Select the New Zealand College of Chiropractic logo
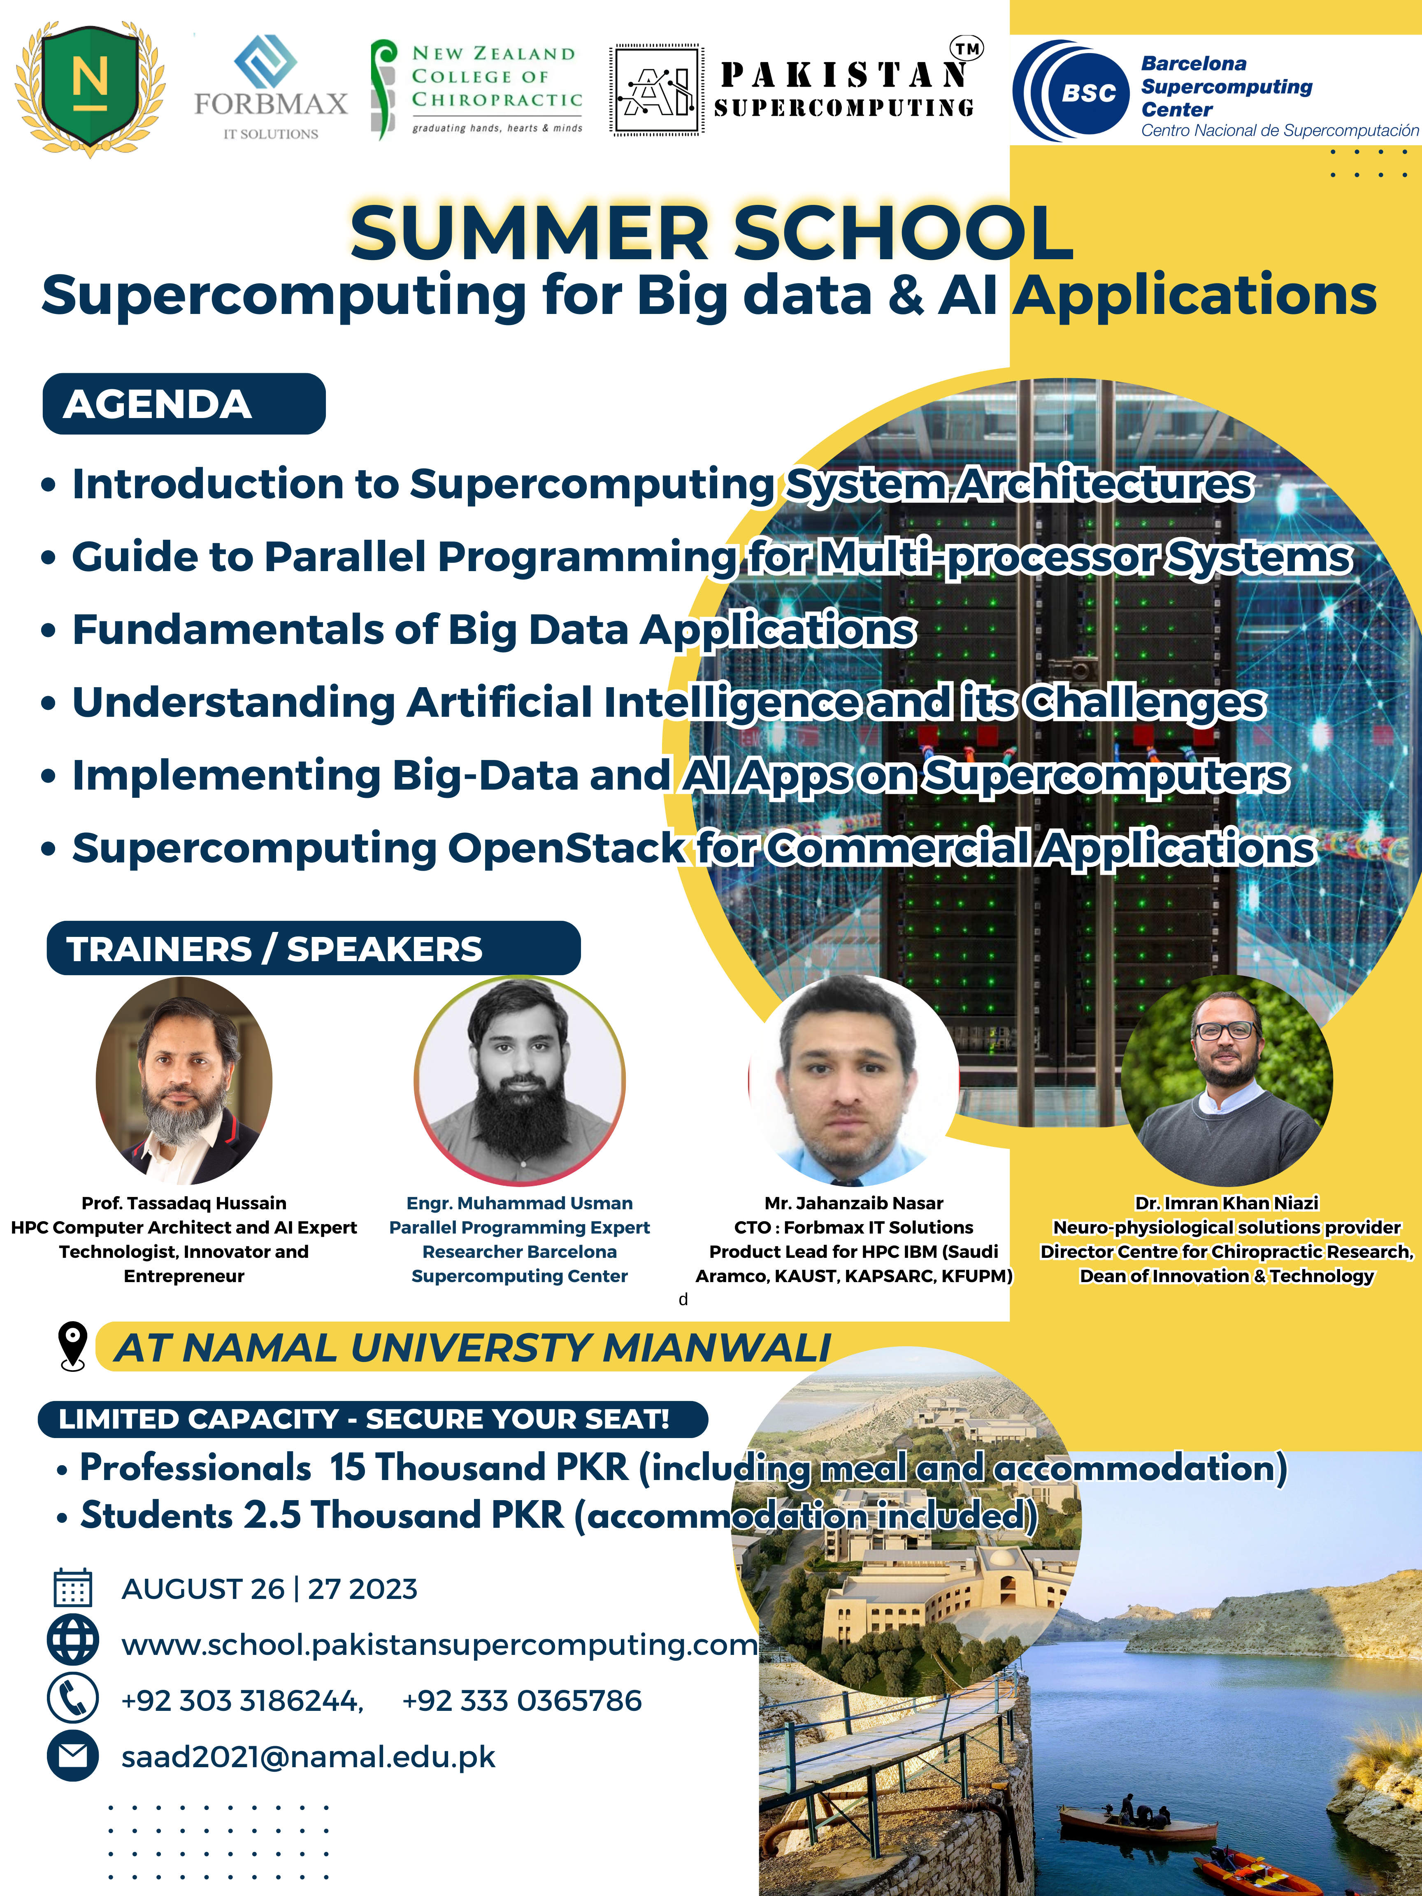coord(476,89)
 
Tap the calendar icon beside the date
coord(73,1587)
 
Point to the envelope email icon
coord(73,1756)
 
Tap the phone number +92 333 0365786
coord(522,1700)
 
